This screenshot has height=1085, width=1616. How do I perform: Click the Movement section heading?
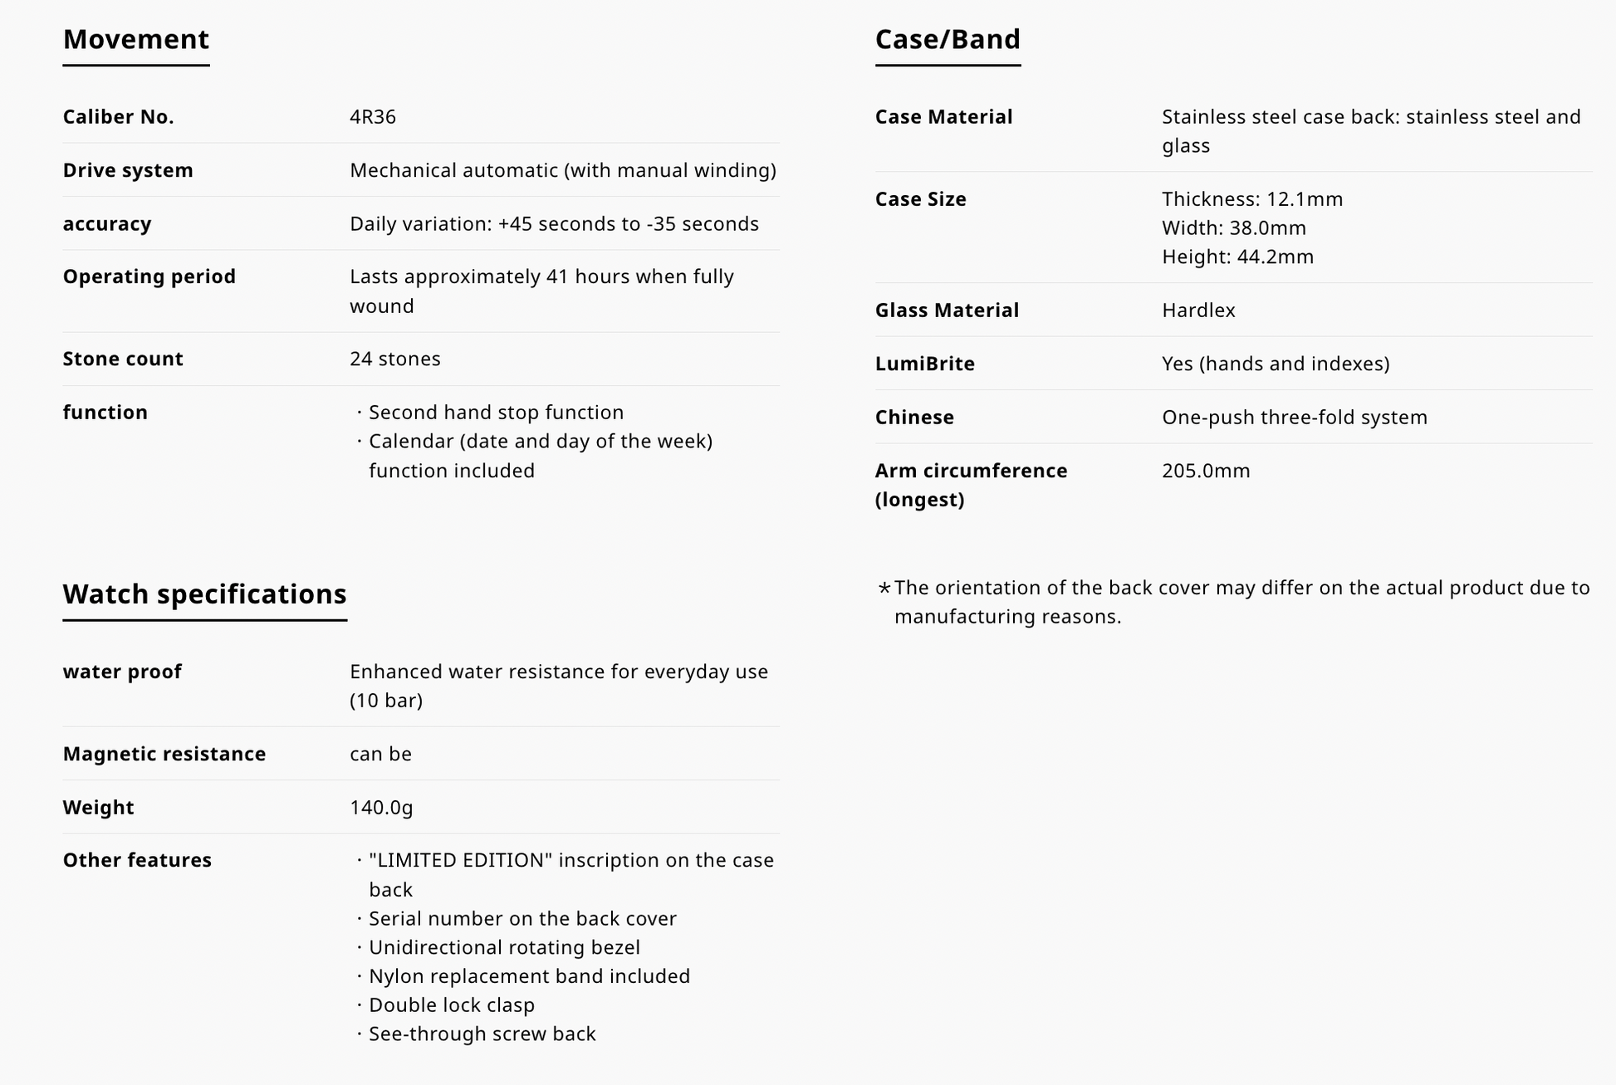pos(136,39)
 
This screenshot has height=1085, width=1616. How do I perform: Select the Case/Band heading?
pos(948,39)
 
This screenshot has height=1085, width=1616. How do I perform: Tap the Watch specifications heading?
pos(204,594)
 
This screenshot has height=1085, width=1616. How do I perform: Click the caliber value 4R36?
pos(373,116)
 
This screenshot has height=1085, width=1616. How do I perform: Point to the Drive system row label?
pos(128,170)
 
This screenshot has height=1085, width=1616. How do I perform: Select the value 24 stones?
pos(395,359)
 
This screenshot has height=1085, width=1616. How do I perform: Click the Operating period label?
pos(149,276)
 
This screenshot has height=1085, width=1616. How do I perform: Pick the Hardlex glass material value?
pos(1198,310)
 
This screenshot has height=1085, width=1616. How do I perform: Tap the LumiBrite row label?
pos(924,364)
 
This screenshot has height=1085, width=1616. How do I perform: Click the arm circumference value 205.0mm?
pos(1206,471)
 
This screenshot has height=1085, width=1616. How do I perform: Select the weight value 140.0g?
pos(381,807)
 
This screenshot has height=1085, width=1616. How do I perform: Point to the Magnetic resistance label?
pos(164,754)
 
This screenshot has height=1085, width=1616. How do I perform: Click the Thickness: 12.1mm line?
pos(1252,199)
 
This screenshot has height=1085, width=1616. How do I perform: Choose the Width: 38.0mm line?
pos(1234,227)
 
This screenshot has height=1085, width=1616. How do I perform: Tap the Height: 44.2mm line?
pos(1237,257)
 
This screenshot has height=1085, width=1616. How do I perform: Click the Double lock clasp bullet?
pos(452,1004)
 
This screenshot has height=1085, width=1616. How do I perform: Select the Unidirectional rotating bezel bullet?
pos(504,947)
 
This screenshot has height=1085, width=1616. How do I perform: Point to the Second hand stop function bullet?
pos(496,413)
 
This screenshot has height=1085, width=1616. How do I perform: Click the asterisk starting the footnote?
pos(884,589)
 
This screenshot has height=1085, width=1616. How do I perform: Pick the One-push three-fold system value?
pos(1295,417)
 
